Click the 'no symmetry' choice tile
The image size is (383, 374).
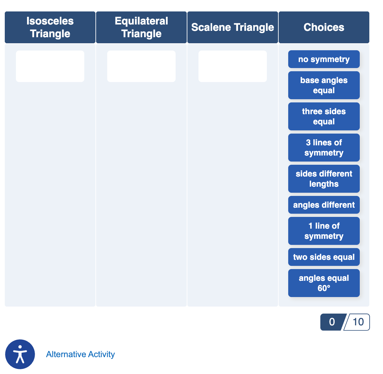324,59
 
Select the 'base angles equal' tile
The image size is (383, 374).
324,85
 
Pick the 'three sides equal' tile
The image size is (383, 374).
324,116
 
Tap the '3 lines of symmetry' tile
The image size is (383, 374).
324,148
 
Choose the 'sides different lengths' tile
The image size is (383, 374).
324,179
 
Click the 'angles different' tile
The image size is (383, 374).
324,205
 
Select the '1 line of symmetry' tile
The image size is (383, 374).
324,231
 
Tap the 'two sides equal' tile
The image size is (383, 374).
324,257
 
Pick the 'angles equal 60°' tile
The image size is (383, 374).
324,283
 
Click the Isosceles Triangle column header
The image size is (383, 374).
50,27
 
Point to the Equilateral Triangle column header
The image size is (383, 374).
141,27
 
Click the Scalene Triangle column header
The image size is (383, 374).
233,27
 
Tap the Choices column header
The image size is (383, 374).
324,27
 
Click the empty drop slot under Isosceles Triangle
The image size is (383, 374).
50,66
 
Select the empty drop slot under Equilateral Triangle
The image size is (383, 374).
141,66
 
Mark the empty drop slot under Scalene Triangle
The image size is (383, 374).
233,66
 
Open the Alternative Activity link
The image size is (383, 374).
80,354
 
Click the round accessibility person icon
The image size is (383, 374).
20,354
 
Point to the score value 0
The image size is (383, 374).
332,322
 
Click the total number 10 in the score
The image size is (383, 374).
358,322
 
